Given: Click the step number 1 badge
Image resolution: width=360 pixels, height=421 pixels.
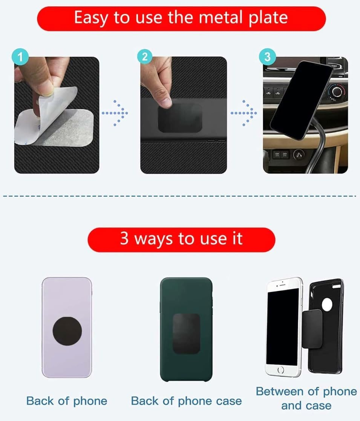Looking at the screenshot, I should (20, 57).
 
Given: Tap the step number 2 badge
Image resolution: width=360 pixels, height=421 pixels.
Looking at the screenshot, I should (145, 57).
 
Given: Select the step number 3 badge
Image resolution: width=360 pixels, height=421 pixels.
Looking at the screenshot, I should (267, 57).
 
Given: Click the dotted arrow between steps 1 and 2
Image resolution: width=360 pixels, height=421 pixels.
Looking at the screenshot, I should (115, 113).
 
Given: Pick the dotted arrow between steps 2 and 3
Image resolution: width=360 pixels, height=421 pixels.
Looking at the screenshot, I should (244, 113).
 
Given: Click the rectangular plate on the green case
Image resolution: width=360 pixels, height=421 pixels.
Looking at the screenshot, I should (186, 333).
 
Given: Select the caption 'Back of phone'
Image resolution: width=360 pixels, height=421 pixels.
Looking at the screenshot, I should (67, 401).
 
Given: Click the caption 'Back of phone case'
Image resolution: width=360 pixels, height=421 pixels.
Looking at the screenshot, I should (186, 401).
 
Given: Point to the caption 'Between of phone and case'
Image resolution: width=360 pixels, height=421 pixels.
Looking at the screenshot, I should (306, 398).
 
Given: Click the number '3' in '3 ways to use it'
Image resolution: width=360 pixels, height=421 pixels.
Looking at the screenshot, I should (124, 239).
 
